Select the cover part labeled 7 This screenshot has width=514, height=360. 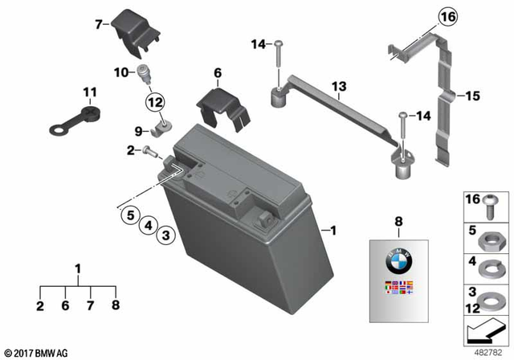click(136, 31)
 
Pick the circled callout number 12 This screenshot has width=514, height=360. click(154, 102)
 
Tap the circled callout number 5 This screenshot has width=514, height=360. click(128, 214)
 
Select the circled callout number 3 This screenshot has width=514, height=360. click(165, 235)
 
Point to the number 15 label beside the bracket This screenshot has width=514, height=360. click(472, 96)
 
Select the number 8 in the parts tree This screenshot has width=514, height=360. click(116, 305)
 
